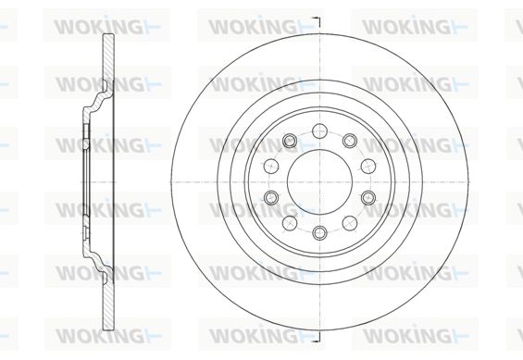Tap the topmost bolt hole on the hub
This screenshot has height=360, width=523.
320,130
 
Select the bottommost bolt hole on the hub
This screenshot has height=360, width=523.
320,232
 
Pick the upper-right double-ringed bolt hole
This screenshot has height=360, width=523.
350,141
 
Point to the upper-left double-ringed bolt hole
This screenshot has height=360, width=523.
289,141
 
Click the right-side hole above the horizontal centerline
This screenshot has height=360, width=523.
368,166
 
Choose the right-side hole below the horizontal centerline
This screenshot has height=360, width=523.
368,198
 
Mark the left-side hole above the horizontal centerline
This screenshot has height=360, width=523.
271,166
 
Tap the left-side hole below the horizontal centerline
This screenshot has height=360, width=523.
271,198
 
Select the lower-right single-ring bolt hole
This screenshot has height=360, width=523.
350,223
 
